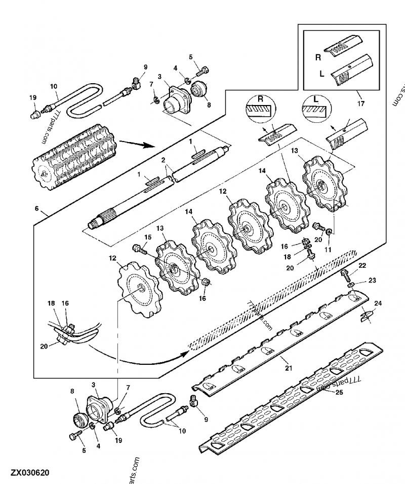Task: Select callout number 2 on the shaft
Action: [x=163, y=160]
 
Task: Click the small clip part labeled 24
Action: [x=367, y=316]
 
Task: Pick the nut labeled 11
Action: [x=329, y=232]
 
